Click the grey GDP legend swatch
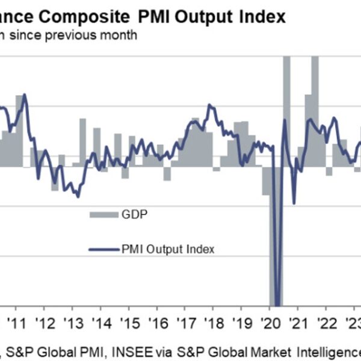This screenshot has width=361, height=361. [x=103, y=214]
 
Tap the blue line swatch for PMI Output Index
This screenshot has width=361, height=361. [x=103, y=248]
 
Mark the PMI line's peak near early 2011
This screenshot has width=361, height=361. [x=25, y=94]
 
